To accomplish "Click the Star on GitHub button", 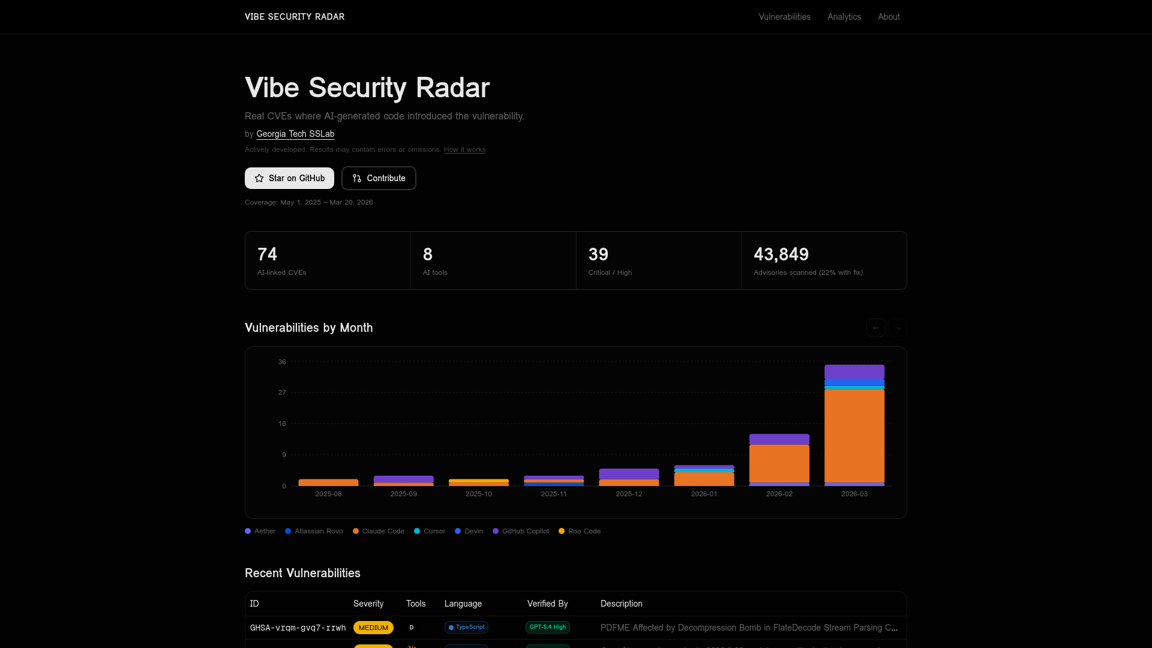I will pyautogui.click(x=289, y=178).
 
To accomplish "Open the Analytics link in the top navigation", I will pyautogui.click(x=844, y=17).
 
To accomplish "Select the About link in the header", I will pyautogui.click(x=889, y=17).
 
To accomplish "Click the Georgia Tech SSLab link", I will pyautogui.click(x=295, y=134).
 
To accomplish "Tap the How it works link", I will pyautogui.click(x=464, y=149).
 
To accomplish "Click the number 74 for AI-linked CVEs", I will pyautogui.click(x=267, y=254).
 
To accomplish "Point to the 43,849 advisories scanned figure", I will pyautogui.click(x=781, y=254).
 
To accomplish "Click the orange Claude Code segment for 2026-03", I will pyautogui.click(x=854, y=435).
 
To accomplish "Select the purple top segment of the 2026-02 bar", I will pyautogui.click(x=779, y=439).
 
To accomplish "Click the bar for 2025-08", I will pyautogui.click(x=328, y=482).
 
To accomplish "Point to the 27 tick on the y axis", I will pyautogui.click(x=282, y=392).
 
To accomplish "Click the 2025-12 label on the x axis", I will pyautogui.click(x=628, y=494).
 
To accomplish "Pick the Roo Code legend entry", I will pyautogui.click(x=580, y=531).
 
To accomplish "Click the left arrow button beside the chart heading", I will pyautogui.click(x=875, y=328).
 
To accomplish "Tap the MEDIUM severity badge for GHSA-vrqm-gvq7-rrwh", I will pyautogui.click(x=373, y=628).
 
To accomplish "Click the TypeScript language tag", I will pyautogui.click(x=466, y=627).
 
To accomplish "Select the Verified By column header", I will pyautogui.click(x=547, y=604).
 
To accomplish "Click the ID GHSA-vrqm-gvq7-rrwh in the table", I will pyautogui.click(x=298, y=628).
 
